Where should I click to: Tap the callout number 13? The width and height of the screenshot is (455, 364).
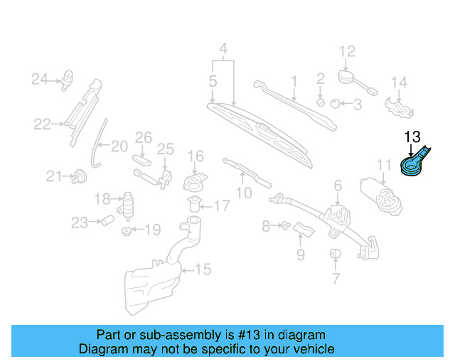413,136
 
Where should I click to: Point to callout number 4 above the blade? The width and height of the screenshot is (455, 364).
223,50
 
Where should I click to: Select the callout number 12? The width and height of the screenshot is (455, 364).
346,51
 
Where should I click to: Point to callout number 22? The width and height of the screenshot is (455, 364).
43,124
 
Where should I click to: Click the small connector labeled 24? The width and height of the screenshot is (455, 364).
69,76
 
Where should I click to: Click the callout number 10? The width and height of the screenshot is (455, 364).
244,193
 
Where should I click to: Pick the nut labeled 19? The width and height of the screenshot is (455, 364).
127,231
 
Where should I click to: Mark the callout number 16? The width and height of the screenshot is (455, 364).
196,156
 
